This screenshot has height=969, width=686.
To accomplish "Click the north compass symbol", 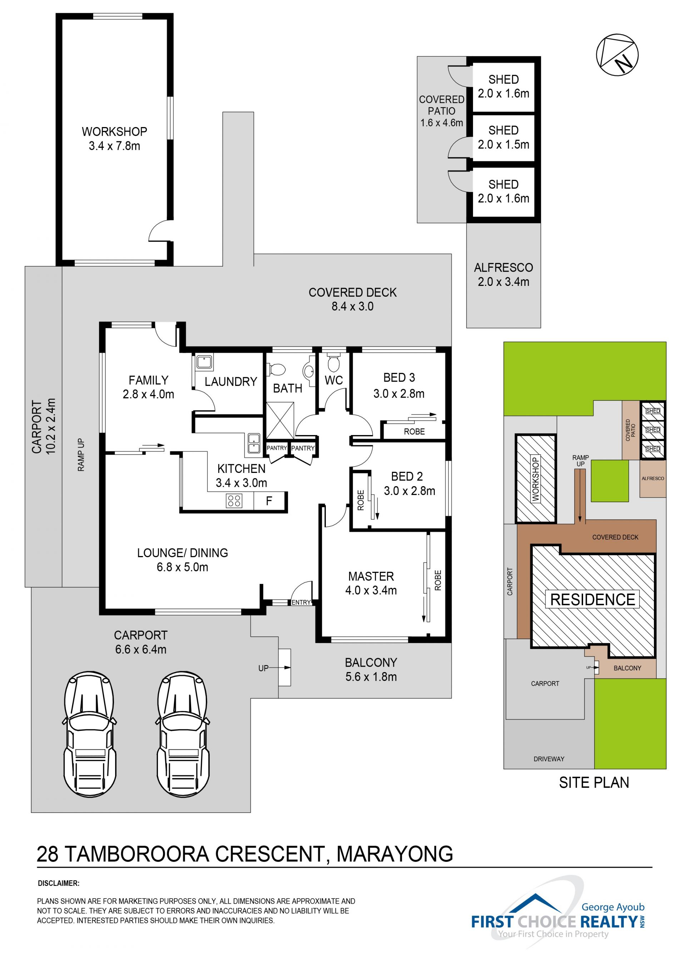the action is coord(617,55).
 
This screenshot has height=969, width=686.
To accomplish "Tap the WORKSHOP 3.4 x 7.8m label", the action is coord(114,138).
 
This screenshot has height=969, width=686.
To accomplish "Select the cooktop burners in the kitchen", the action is coord(234,501).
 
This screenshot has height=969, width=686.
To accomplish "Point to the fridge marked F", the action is coord(269,501).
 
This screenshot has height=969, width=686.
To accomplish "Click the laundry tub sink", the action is coord(204,362).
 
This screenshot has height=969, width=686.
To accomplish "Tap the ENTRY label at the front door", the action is coord(301,602).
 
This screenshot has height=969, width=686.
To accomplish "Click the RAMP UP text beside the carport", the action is coord(81,455).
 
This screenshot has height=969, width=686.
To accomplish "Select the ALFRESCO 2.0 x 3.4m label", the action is coord(503,274).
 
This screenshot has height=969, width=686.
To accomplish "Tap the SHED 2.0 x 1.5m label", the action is coord(503,137).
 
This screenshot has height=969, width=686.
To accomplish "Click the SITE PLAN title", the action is coord(594,783).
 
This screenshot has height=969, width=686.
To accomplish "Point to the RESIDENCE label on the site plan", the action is coord(593,599).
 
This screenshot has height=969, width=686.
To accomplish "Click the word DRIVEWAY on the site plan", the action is coord(549,759).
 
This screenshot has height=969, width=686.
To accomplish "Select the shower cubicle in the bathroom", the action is coord(280,420).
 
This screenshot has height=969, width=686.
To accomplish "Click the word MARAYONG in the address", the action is coord(394,854).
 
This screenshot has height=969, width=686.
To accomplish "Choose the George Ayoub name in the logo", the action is coord(613,907).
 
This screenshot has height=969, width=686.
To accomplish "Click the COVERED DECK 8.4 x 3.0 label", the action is coord(352,299).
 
